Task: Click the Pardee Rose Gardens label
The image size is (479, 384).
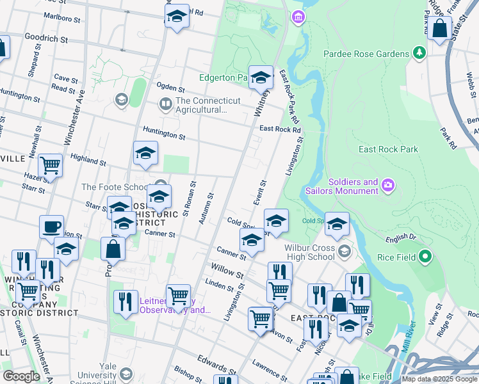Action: tap(366, 54)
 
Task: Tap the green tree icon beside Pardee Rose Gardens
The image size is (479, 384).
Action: tap(419, 52)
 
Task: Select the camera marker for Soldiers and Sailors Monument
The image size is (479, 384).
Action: tap(387, 186)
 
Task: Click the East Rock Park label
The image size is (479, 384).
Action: tap(388, 149)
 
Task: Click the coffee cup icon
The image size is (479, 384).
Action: tap(51, 227)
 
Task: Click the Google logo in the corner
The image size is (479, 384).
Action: tap(21, 376)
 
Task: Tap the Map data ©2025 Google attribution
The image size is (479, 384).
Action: tap(439, 379)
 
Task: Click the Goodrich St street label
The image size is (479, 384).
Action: tap(46, 39)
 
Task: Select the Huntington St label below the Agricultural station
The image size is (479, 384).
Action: tap(164, 136)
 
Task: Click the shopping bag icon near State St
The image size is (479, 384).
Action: tap(439, 29)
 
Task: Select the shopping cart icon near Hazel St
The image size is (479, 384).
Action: tap(50, 166)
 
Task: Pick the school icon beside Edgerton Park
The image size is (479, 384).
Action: tap(261, 77)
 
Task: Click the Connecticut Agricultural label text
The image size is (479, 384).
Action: tap(207, 105)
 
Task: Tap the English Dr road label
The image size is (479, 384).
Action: tap(400, 240)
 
